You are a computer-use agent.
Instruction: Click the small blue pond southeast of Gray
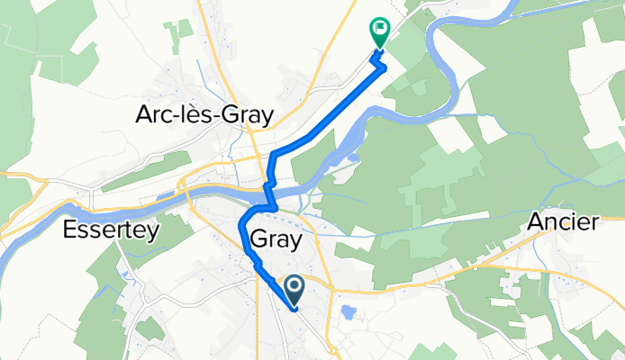[x=349, y=313]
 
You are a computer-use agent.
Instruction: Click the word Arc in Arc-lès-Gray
[x=157, y=114]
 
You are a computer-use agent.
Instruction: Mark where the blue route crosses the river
[x=267, y=192]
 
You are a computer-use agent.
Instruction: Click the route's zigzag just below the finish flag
[x=381, y=63]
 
